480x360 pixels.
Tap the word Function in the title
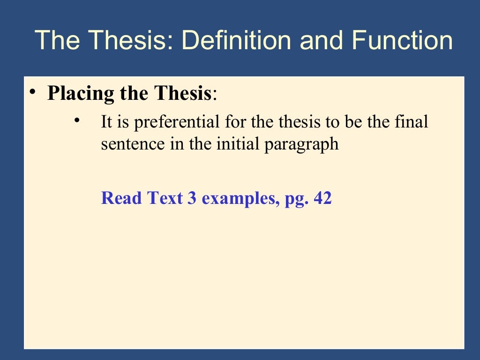coord(402,40)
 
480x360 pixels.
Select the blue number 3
coord(191,198)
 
